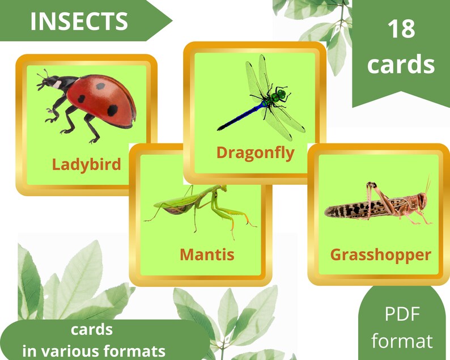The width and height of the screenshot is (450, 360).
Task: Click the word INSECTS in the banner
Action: click(x=79, y=22)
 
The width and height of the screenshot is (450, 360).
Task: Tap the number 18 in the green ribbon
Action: click(x=401, y=29)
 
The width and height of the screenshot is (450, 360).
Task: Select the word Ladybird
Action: click(x=87, y=164)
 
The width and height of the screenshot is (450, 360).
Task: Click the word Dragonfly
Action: click(x=256, y=152)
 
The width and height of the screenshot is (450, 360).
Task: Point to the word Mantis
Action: click(x=207, y=254)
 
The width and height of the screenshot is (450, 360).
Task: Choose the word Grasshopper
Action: click(x=380, y=255)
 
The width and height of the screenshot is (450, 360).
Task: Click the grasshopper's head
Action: click(x=419, y=201)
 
